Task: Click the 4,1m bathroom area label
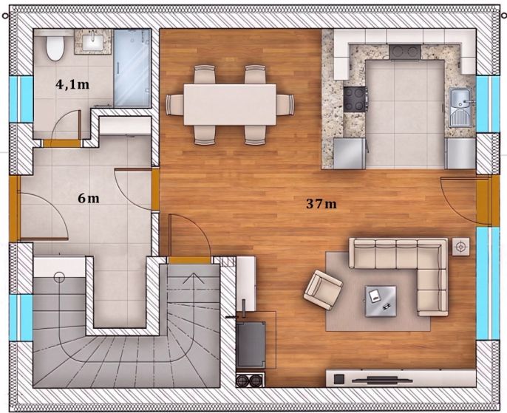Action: pos(72,85)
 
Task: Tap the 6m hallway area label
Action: pos(88,199)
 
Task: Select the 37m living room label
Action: pos(321,204)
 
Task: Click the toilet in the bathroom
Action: pos(55,47)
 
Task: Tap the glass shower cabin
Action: pos(132,68)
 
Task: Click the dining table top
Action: pos(230,104)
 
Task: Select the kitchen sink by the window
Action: pos(461,108)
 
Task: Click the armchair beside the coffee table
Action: pos(323,290)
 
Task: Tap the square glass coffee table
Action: pos(381,301)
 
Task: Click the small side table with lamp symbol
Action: pos(460,247)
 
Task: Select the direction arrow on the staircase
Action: pos(194,278)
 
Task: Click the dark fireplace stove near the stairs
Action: pos(251,345)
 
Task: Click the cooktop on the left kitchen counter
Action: pos(355,99)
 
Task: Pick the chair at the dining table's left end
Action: pos(174,105)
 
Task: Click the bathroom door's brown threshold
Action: pos(62,143)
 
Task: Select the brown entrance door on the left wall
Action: pos(15,208)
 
